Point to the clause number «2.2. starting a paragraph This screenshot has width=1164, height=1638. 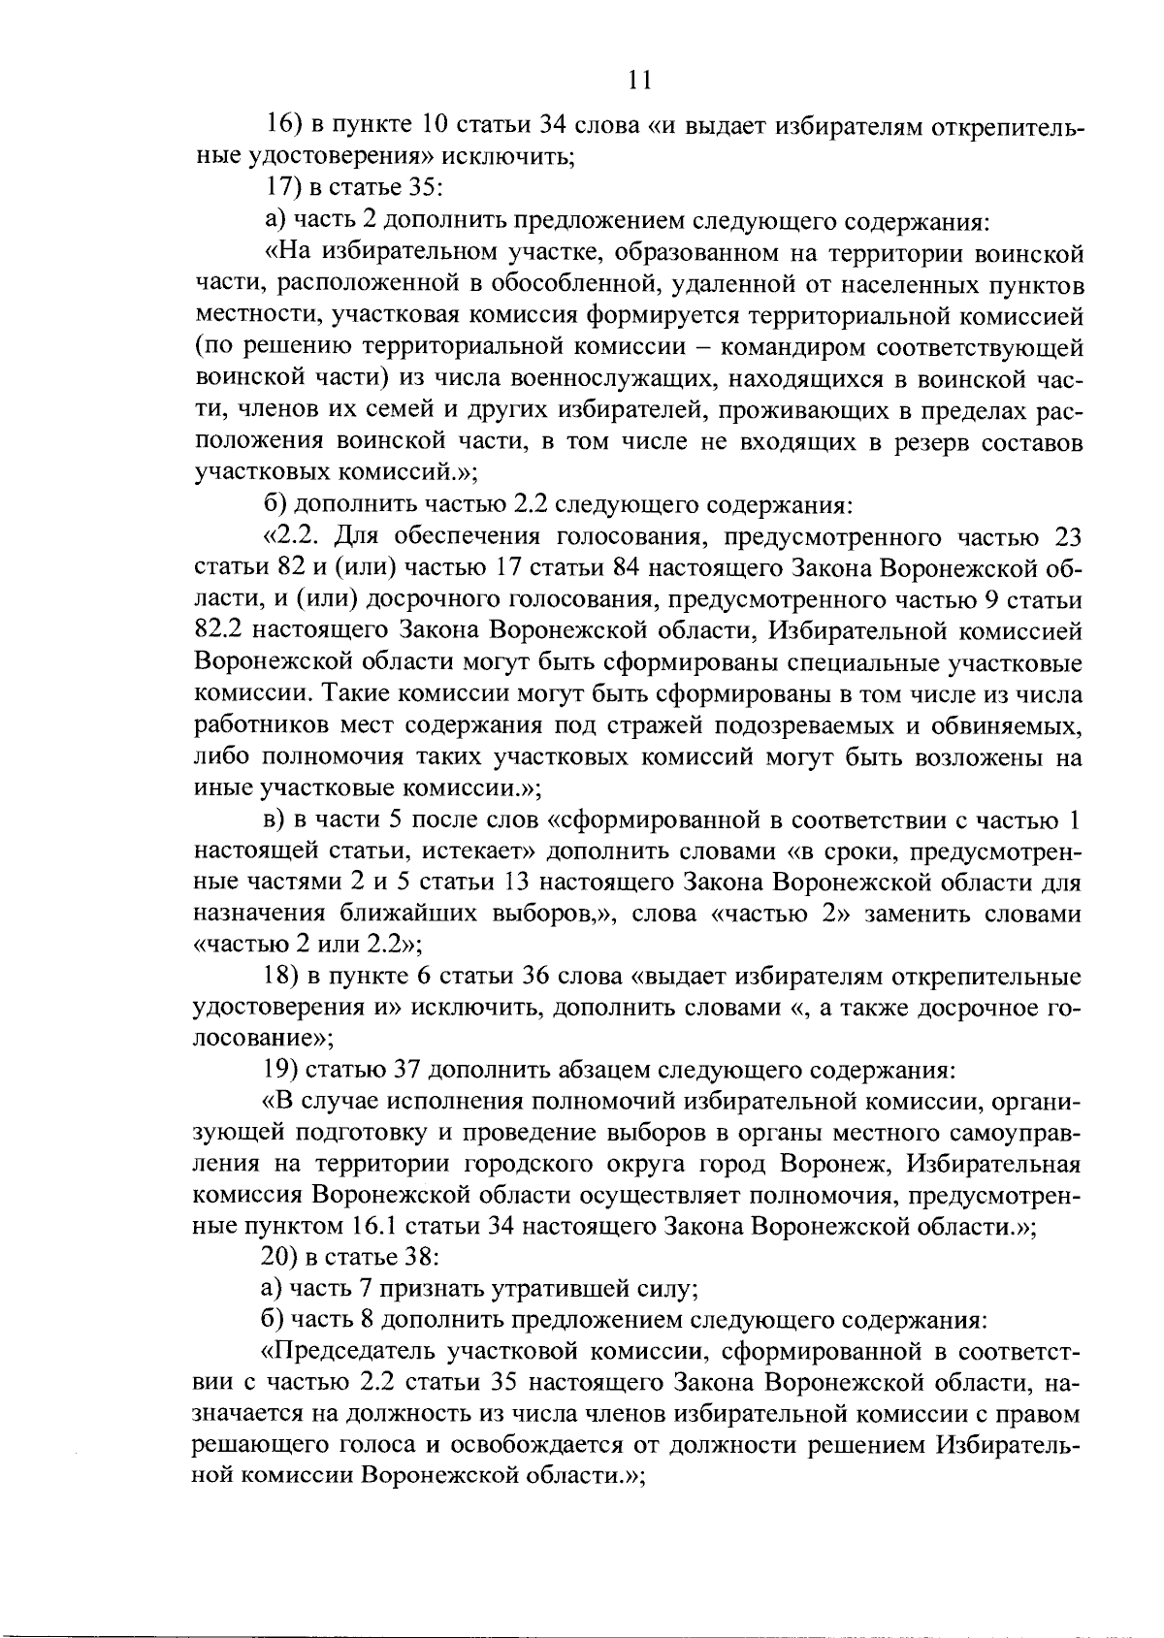(x=300, y=537)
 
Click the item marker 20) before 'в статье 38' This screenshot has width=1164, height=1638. (x=282, y=1259)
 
